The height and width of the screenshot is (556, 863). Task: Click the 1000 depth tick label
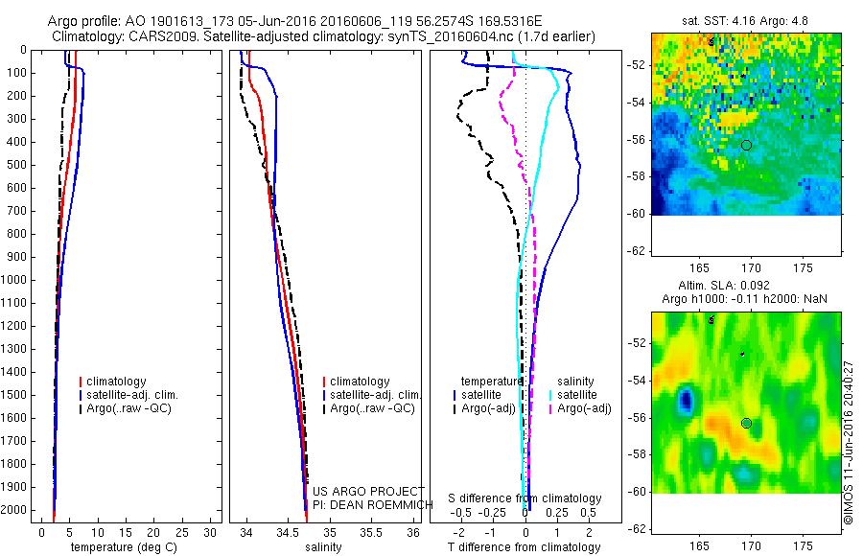point(15,280)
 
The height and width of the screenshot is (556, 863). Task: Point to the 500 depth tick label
point(18,165)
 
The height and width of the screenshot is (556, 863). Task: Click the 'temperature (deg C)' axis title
point(121,547)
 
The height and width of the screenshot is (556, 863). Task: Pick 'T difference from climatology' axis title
point(525,547)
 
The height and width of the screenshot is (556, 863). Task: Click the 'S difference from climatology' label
point(525,499)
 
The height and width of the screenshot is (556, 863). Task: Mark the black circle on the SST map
point(747,145)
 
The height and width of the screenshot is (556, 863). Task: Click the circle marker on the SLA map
point(747,423)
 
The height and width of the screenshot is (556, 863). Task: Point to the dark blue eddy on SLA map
point(686,399)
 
